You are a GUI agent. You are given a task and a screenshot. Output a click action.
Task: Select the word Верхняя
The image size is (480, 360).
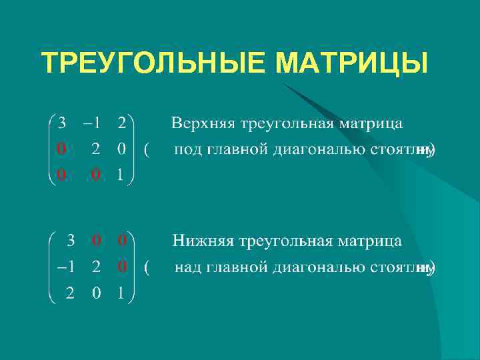pyautogui.click(x=198, y=123)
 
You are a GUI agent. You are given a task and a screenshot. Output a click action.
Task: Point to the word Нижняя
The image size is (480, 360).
pyautogui.click(x=199, y=240)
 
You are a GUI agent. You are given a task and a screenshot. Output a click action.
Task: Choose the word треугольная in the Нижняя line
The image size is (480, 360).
pyautogui.click(x=285, y=240)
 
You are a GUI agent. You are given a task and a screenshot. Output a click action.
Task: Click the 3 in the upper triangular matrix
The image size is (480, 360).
pyautogui.click(x=62, y=123)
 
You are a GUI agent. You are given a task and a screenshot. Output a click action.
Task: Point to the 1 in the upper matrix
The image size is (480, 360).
pyautogui.click(x=121, y=175)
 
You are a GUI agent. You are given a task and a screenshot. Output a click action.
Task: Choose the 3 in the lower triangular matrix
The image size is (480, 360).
pyautogui.click(x=69, y=239)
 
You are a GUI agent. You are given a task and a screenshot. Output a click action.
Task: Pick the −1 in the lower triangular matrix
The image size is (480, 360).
pyautogui.click(x=65, y=267)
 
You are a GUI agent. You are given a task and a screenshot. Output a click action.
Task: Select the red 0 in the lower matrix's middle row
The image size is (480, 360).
pyautogui.click(x=121, y=267)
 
